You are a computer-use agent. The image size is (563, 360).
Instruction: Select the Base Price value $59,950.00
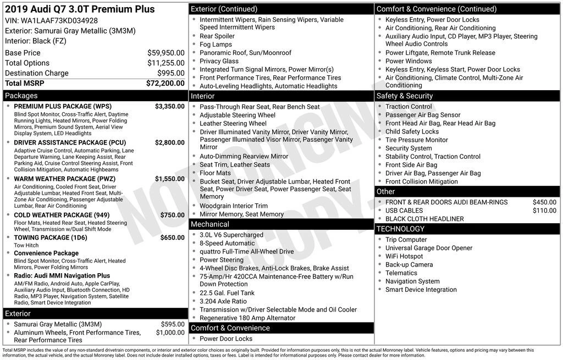[166, 53]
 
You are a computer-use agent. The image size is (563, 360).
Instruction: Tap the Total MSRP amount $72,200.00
[165, 84]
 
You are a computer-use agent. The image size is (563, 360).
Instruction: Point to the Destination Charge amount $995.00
[171, 73]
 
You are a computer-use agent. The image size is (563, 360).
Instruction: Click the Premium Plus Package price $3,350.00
[169, 106]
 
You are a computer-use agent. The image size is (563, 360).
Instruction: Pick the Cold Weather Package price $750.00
[172, 215]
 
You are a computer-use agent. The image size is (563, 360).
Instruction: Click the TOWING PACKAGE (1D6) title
[50, 237]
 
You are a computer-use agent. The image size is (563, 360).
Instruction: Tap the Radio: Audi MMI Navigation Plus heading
[62, 275]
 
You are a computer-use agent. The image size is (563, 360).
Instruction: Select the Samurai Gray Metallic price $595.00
[173, 324]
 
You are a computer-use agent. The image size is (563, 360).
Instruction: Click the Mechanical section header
[209, 224]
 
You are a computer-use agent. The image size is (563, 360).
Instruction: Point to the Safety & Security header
[404, 96]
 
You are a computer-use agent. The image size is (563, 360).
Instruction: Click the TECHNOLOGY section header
[401, 229]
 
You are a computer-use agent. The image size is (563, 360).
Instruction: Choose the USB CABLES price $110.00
[544, 211]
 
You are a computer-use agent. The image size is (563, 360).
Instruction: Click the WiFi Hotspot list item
[404, 256]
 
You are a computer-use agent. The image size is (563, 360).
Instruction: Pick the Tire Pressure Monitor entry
[416, 140]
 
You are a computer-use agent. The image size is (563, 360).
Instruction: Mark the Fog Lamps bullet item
[216, 45]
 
